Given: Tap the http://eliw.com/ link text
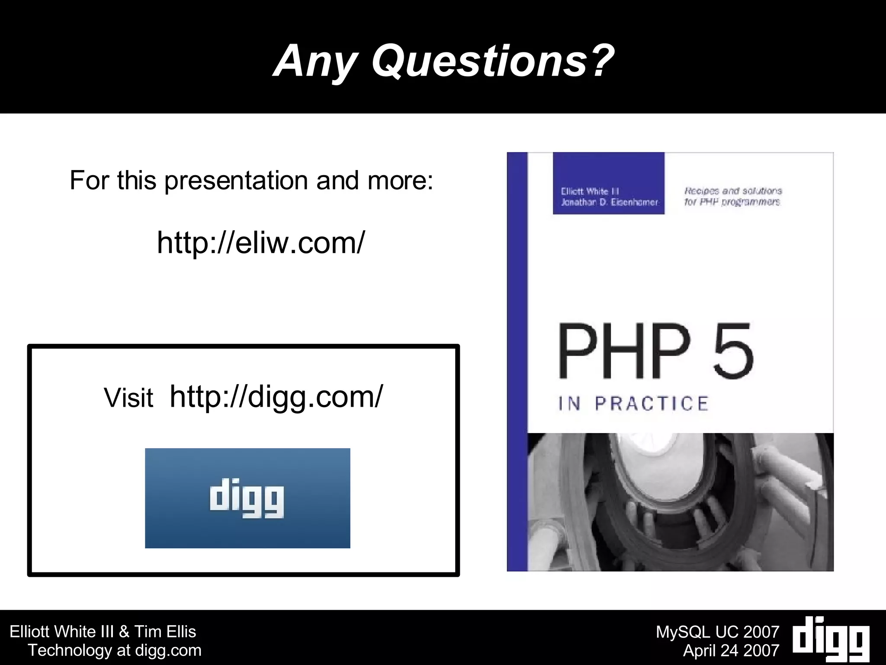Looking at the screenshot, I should pyautogui.click(x=261, y=243).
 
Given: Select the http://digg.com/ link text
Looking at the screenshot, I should pyautogui.click(x=276, y=396).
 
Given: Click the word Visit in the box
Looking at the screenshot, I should pyautogui.click(x=128, y=398).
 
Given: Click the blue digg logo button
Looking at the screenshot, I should pyautogui.click(x=247, y=498).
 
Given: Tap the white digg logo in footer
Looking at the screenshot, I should pyautogui.click(x=831, y=639).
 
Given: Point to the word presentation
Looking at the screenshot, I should pyautogui.click(x=236, y=181).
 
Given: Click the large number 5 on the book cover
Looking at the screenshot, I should pyautogui.click(x=733, y=351).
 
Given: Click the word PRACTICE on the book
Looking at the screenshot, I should pyautogui.click(x=652, y=404).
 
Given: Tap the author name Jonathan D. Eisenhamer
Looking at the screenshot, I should pyautogui.click(x=609, y=202).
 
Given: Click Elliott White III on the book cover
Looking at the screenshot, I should pyautogui.click(x=590, y=191).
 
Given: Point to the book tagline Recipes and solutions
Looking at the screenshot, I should pyautogui.click(x=733, y=191).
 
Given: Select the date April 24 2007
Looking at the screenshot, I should pyautogui.click(x=731, y=650).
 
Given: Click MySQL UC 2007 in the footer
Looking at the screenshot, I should pyautogui.click(x=717, y=632).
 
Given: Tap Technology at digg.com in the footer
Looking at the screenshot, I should pyautogui.click(x=115, y=650).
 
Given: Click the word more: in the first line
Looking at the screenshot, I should pyautogui.click(x=400, y=181).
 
